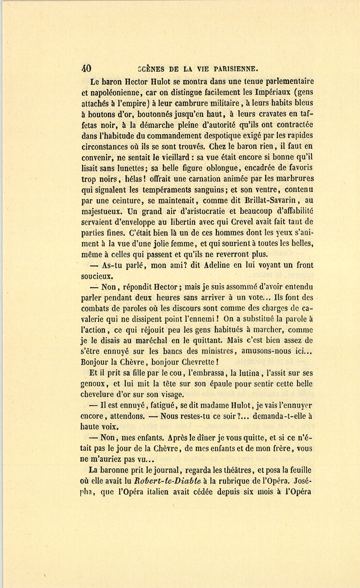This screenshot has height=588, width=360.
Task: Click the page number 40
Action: tap(86, 68)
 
